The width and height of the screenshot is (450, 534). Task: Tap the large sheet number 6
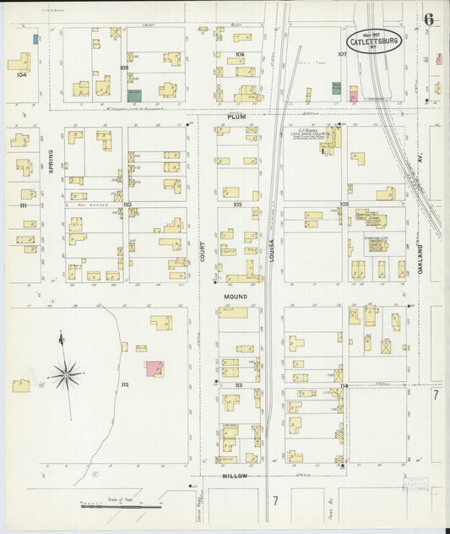tap(430, 19)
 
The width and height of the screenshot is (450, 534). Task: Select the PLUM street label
tap(235, 116)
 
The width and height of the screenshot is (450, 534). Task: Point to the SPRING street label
tap(51, 160)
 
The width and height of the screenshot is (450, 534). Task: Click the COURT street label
tap(203, 246)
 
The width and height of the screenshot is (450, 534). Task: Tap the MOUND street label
tap(236, 297)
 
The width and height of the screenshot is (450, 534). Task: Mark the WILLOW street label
tap(235, 476)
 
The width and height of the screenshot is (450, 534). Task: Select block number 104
tap(21, 74)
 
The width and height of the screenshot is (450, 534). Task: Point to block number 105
tap(124, 67)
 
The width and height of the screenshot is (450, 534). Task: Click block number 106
tap(240, 54)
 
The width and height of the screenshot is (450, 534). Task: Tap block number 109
tap(237, 204)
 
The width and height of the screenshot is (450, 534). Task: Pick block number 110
tap(126, 204)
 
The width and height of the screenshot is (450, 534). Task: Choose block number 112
tap(124, 384)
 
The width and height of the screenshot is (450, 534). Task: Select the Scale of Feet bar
tap(121, 507)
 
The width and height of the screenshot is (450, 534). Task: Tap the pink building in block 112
tap(154, 368)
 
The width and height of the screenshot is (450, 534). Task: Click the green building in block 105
tap(133, 96)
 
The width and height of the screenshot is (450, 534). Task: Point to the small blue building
tap(35, 39)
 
